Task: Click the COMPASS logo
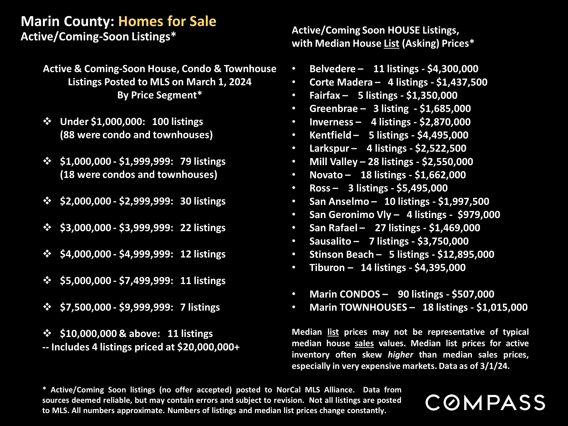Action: click(x=485, y=402)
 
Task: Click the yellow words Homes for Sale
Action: click(x=167, y=21)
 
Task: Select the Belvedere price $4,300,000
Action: click(x=453, y=69)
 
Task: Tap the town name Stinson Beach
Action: click(x=341, y=254)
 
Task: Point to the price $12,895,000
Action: click(x=466, y=254)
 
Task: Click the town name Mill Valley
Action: click(x=333, y=162)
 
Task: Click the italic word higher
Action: click(x=400, y=355)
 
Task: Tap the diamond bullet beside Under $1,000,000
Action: click(x=47, y=121)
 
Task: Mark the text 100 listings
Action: click(x=177, y=122)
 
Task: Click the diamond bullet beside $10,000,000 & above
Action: click(x=47, y=333)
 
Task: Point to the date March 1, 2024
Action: click(x=219, y=82)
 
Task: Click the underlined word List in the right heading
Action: click(x=391, y=43)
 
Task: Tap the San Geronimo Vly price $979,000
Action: click(x=479, y=215)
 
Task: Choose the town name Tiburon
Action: click(x=327, y=268)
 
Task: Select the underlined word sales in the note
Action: click(x=364, y=343)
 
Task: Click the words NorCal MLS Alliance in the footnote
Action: click(x=315, y=390)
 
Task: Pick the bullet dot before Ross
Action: click(x=294, y=188)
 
